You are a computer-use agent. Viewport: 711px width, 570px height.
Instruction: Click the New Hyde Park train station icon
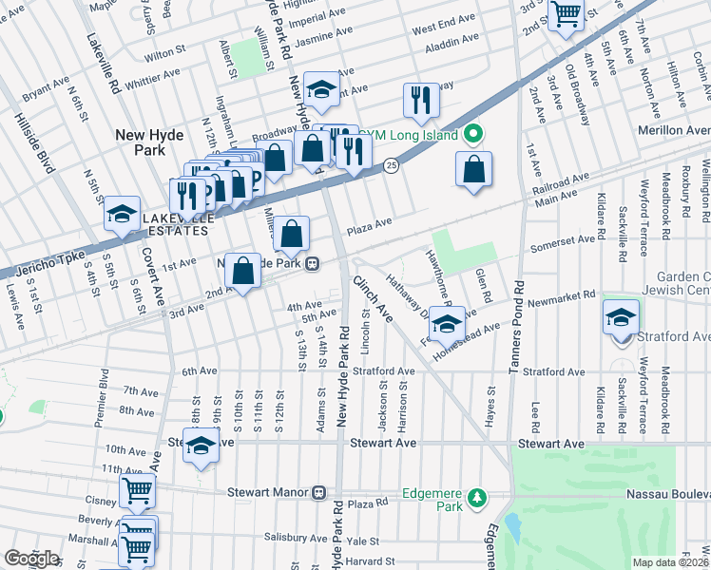(311, 265)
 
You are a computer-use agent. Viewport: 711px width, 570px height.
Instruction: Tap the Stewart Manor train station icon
(318, 493)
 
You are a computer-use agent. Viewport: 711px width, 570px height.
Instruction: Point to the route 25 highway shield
(390, 166)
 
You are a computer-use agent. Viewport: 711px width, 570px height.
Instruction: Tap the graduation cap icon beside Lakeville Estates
(123, 214)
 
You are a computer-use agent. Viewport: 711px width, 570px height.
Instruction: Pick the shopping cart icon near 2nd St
(567, 13)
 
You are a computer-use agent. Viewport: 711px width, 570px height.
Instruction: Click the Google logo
(31, 559)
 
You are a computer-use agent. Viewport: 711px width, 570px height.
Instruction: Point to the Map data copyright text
(670, 562)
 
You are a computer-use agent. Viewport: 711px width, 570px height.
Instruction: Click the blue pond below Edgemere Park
(514, 525)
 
